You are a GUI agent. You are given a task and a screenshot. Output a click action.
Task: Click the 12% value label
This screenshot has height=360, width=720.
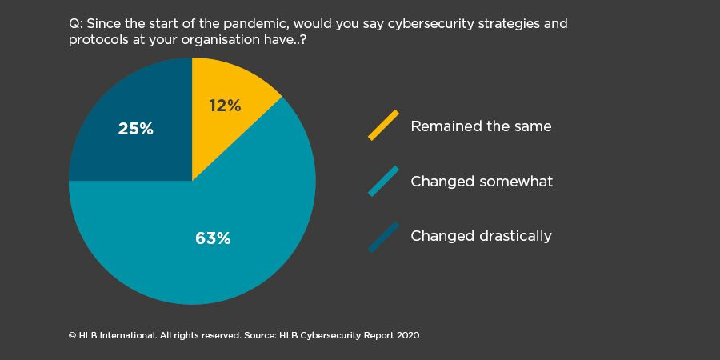coord(225,105)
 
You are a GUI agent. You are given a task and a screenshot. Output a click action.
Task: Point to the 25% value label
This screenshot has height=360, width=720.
coord(135,128)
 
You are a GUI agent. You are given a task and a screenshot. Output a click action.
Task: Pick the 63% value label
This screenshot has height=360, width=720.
coord(213,238)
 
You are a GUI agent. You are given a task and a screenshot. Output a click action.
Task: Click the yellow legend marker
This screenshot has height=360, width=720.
coord(383,125)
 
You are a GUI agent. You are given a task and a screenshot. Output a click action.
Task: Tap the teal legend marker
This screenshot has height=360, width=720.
coord(383,181)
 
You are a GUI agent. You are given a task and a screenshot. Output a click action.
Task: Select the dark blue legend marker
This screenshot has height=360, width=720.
coord(383,236)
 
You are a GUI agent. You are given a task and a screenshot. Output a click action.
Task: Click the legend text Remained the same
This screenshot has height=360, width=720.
coord(481,126)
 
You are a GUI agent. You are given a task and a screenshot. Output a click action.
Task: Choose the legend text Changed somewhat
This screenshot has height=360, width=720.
coord(482,182)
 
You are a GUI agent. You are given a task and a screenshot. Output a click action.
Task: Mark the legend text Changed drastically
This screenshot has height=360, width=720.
coord(481,236)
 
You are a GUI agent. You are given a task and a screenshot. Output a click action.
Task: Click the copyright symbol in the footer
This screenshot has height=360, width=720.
coord(72,335)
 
